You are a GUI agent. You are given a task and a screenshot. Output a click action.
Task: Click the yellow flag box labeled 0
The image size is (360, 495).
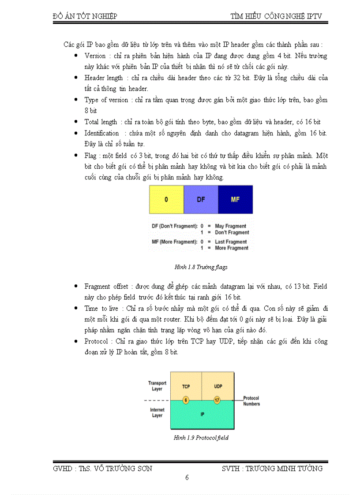(x=166, y=199)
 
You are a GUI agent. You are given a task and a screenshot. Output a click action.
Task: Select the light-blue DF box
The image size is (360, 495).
(x=201, y=199)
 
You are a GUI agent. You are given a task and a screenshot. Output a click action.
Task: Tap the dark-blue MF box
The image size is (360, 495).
(x=235, y=199)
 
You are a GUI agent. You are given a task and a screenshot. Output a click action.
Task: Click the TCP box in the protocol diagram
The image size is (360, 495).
(x=186, y=386)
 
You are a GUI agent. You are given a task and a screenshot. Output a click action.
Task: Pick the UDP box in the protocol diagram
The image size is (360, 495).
(x=217, y=386)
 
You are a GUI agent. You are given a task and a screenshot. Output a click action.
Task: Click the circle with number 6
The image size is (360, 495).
(x=186, y=400)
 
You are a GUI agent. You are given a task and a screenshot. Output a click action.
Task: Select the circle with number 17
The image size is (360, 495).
(x=217, y=400)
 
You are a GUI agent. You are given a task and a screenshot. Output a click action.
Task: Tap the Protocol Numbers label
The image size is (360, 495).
(x=251, y=401)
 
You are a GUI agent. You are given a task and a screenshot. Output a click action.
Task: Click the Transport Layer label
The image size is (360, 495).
(x=157, y=386)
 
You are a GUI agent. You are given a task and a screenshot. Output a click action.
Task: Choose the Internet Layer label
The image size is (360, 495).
(x=157, y=413)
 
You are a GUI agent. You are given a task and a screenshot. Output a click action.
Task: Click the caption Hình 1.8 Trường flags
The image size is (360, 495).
(x=201, y=267)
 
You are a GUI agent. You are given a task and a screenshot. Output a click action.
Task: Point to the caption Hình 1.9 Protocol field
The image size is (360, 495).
(x=201, y=438)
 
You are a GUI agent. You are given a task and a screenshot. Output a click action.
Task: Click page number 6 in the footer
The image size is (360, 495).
(x=187, y=478)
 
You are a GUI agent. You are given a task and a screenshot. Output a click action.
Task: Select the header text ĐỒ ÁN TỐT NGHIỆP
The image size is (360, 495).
(x=85, y=16)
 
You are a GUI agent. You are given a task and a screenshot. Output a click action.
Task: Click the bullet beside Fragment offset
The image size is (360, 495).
(x=77, y=287)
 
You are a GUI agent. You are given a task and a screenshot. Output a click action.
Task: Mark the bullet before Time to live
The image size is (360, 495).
(x=77, y=309)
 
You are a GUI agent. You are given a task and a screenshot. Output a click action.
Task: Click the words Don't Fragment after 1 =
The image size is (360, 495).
(x=232, y=232)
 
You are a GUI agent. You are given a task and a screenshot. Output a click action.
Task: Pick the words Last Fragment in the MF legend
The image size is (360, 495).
(x=231, y=242)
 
